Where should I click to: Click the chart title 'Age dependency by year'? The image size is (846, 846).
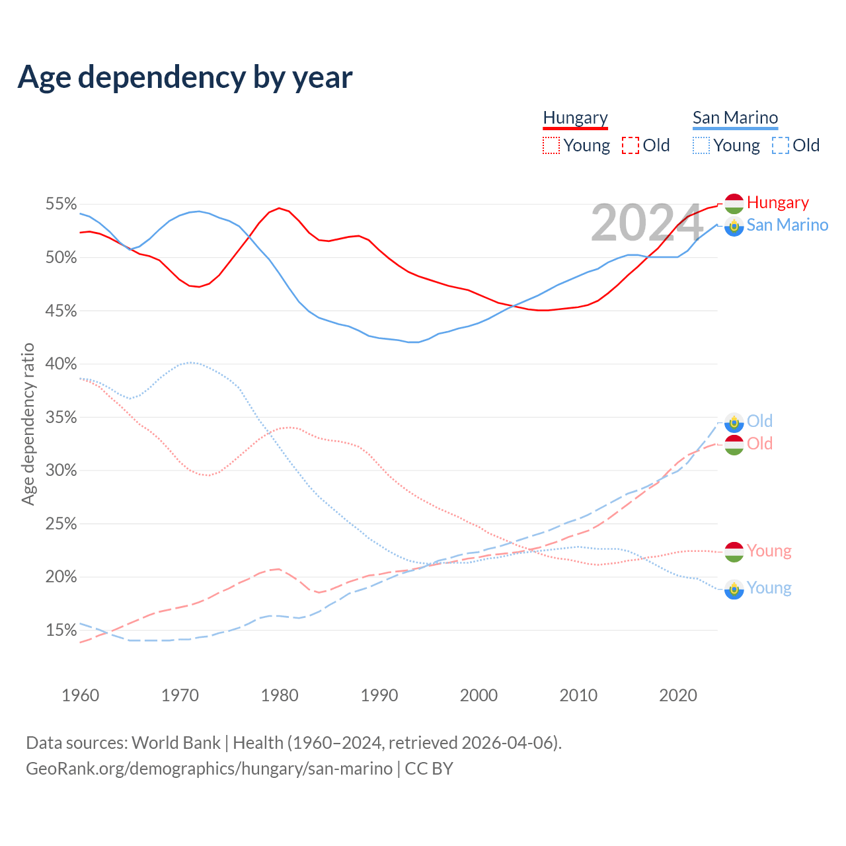185,77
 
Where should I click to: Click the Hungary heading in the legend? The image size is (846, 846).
575,118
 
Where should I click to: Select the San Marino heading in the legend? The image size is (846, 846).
735,118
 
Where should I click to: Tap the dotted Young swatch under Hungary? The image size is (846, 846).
551,145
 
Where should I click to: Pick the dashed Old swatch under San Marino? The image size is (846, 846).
781,145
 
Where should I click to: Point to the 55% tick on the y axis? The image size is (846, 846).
61,204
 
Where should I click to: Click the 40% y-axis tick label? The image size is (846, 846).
61,364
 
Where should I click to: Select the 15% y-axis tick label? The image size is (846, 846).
61,630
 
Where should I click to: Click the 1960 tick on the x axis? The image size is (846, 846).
80,695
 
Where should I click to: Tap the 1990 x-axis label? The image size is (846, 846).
379,695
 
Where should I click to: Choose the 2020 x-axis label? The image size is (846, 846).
678,695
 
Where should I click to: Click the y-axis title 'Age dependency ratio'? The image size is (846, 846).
28,424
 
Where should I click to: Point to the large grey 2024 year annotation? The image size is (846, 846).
646,223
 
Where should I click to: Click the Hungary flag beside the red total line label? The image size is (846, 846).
734,204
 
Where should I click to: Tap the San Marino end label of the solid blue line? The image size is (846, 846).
787,225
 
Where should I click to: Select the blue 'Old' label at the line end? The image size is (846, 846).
759,421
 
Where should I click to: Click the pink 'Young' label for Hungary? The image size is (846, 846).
769,551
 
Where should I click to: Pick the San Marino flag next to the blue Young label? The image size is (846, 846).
734,588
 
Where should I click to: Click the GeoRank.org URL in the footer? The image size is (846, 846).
209,769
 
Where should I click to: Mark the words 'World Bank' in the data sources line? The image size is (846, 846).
176,743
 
